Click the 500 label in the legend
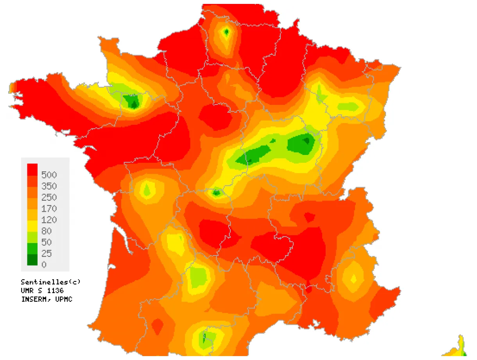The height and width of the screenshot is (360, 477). point(49,175)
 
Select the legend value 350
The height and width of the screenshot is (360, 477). point(49,186)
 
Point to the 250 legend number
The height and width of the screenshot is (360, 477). point(49,197)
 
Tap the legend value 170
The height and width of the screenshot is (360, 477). point(49,209)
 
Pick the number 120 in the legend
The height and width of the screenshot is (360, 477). point(49,220)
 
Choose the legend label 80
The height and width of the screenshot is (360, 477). point(46,231)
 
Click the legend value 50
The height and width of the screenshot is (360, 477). point(46,242)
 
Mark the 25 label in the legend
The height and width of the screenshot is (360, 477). point(46,254)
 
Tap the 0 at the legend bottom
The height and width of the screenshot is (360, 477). point(44,265)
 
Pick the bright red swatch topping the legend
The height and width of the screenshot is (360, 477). point(32,169)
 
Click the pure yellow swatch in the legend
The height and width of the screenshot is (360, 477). point(32,226)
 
